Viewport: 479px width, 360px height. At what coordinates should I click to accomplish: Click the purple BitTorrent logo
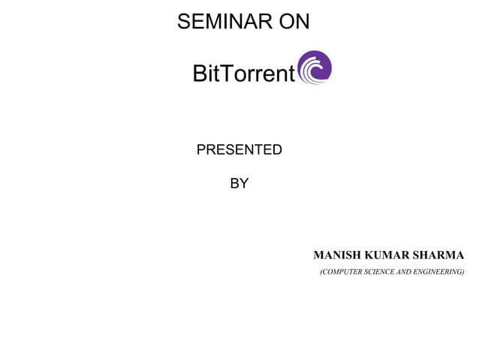click(315, 68)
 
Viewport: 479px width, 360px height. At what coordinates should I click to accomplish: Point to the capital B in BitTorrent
click(200, 74)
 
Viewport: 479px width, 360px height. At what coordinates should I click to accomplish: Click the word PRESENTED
click(239, 150)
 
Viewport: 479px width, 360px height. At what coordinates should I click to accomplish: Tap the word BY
click(239, 183)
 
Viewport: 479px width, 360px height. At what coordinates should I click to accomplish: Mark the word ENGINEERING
click(441, 271)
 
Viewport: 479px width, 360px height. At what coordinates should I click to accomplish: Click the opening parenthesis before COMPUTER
click(321, 271)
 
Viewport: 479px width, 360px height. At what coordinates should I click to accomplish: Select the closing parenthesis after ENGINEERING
click(462, 271)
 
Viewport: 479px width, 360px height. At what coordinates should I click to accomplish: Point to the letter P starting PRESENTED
click(200, 150)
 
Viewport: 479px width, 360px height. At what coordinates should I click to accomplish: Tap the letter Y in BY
click(244, 183)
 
